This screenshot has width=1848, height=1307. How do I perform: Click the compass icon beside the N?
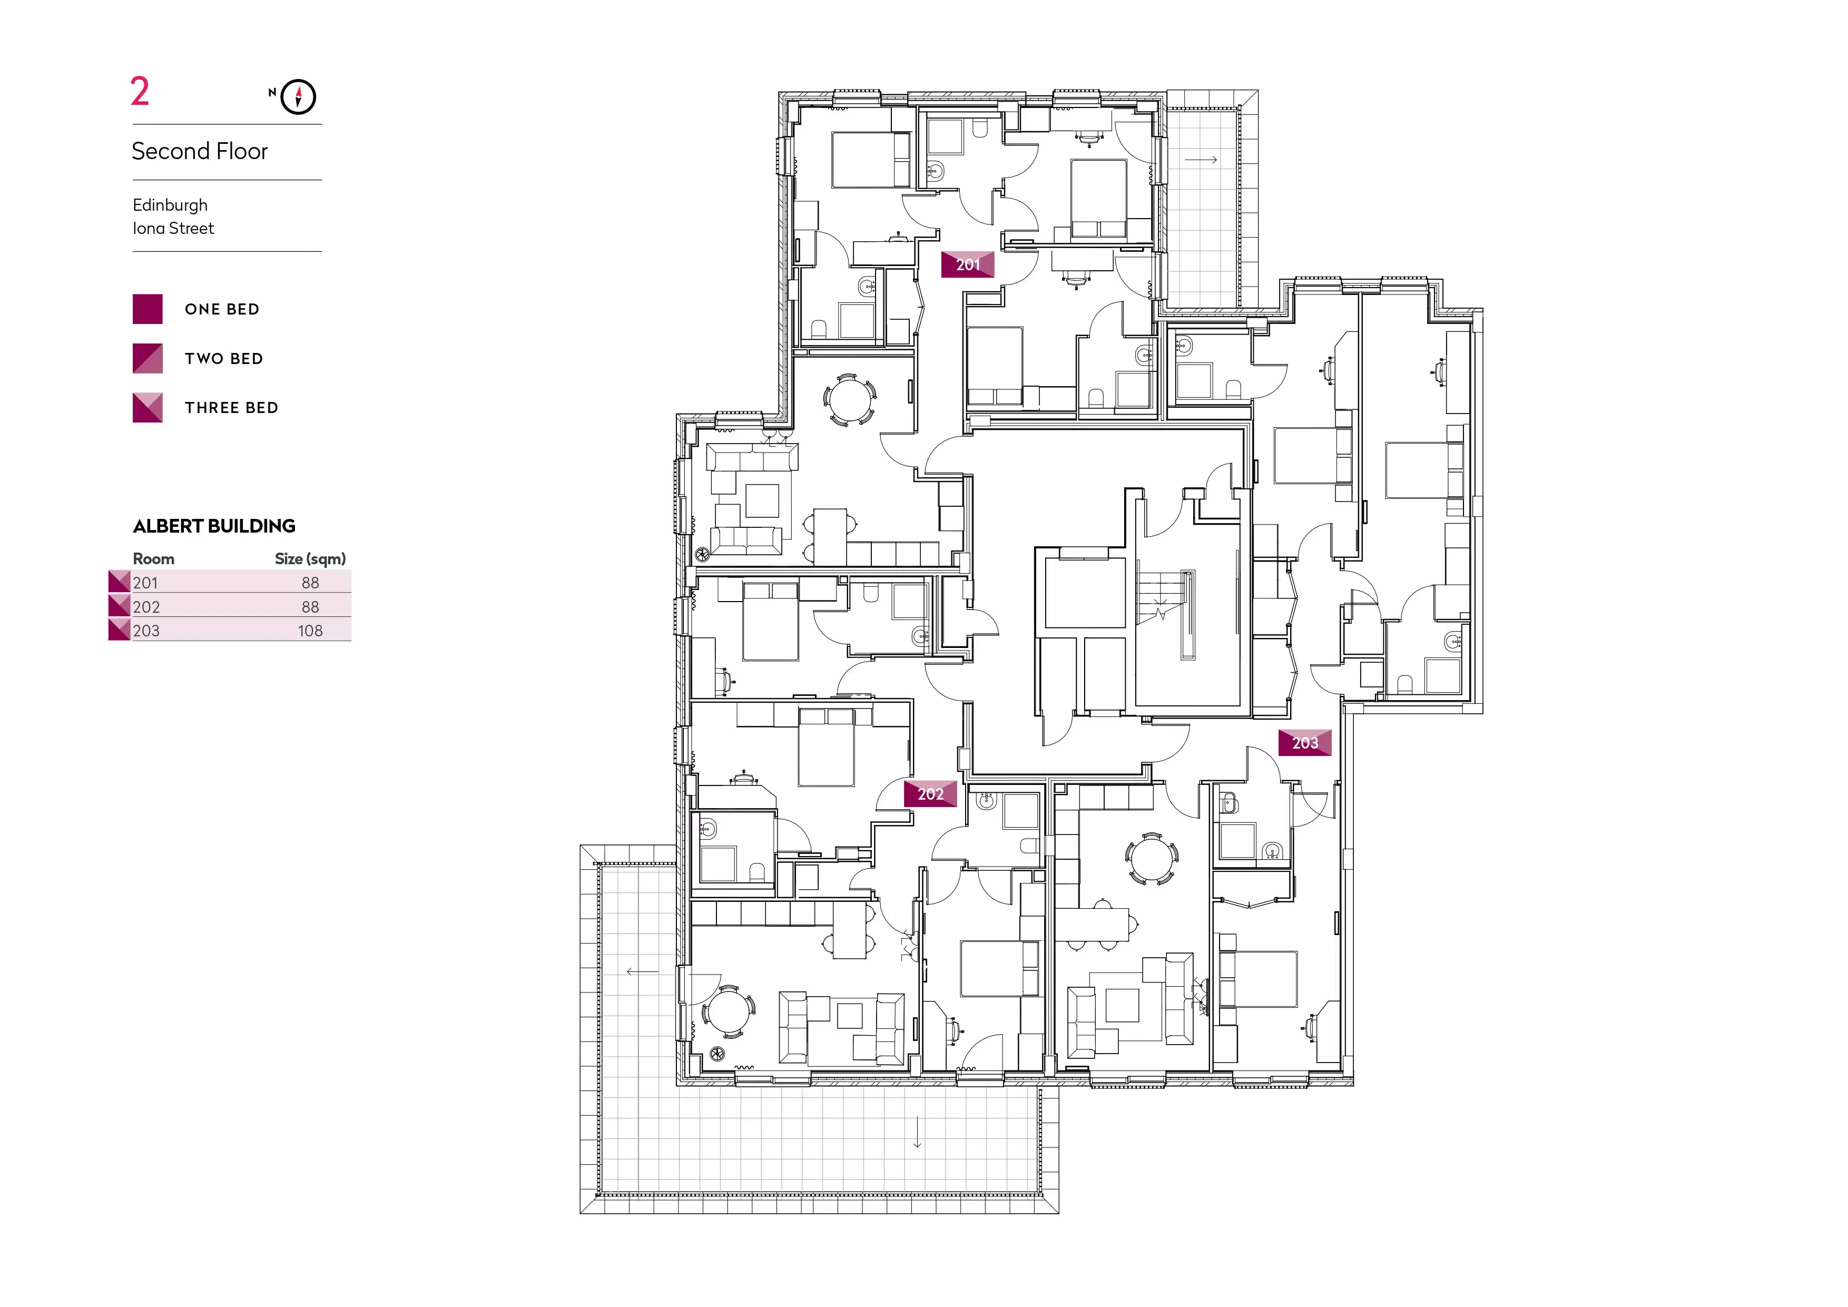coord(299,97)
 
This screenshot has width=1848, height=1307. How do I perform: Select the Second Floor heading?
coord(200,151)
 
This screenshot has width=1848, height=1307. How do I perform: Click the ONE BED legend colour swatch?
coord(148,309)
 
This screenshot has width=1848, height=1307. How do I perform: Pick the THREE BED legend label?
coord(232,408)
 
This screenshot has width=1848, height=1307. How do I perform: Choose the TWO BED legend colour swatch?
coord(148,358)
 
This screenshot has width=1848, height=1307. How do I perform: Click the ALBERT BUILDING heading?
coord(214,526)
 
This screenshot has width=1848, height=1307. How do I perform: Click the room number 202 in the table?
coord(146,607)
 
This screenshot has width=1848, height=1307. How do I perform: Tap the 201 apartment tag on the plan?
coord(968,265)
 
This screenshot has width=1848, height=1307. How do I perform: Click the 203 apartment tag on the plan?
coord(1305,743)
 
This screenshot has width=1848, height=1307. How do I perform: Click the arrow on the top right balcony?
coord(1201,160)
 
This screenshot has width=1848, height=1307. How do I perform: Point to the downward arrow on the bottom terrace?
coord(918,1132)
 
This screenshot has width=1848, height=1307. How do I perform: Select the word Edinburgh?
coord(170,205)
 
